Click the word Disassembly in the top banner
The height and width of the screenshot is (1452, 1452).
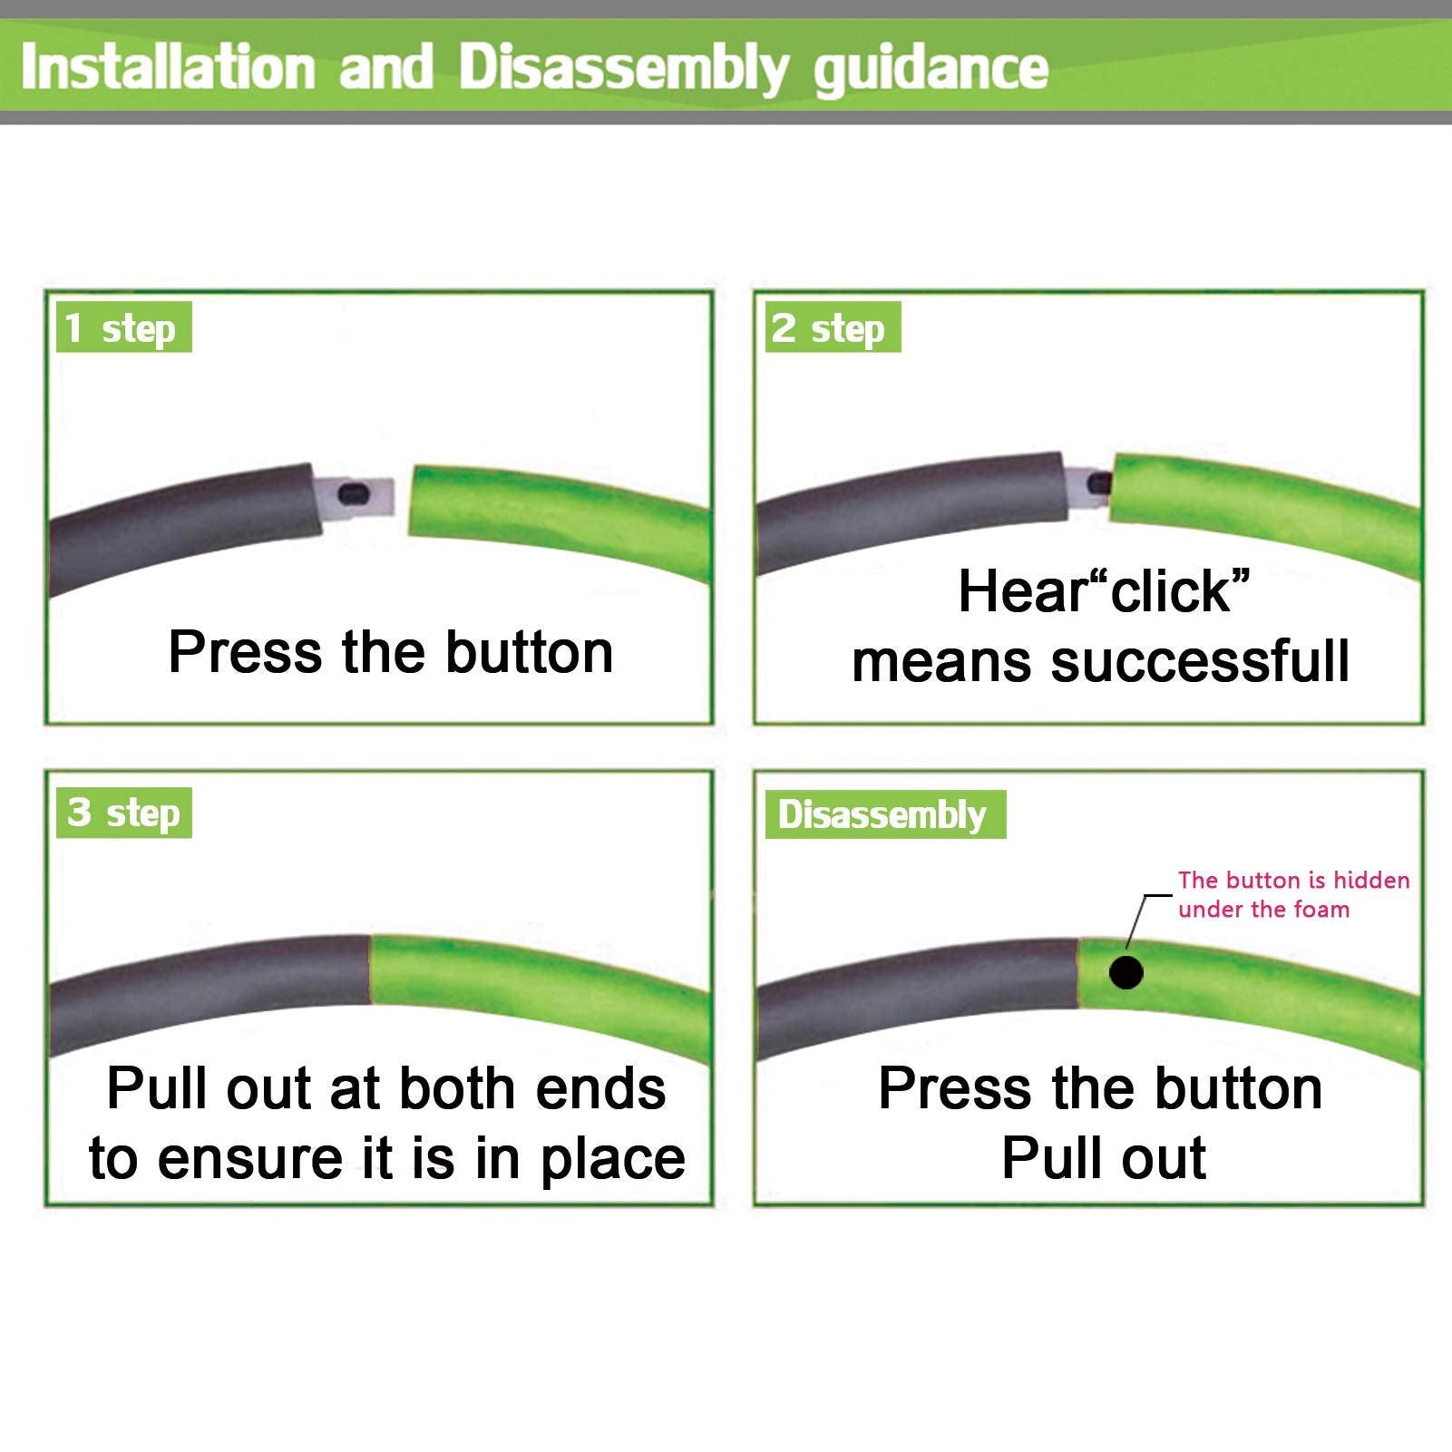624,70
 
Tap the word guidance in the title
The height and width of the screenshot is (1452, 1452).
931,70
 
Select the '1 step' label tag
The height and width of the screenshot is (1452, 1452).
123,327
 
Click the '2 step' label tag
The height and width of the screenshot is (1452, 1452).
833,327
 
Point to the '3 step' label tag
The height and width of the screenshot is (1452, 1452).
123,813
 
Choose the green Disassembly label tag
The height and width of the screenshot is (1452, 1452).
885,814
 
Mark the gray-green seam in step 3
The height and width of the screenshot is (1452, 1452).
371,970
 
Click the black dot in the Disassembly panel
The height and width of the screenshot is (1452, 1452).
1126,973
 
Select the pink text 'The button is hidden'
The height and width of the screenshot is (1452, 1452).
1294,880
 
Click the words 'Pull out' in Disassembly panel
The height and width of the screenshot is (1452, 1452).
1104,1158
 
